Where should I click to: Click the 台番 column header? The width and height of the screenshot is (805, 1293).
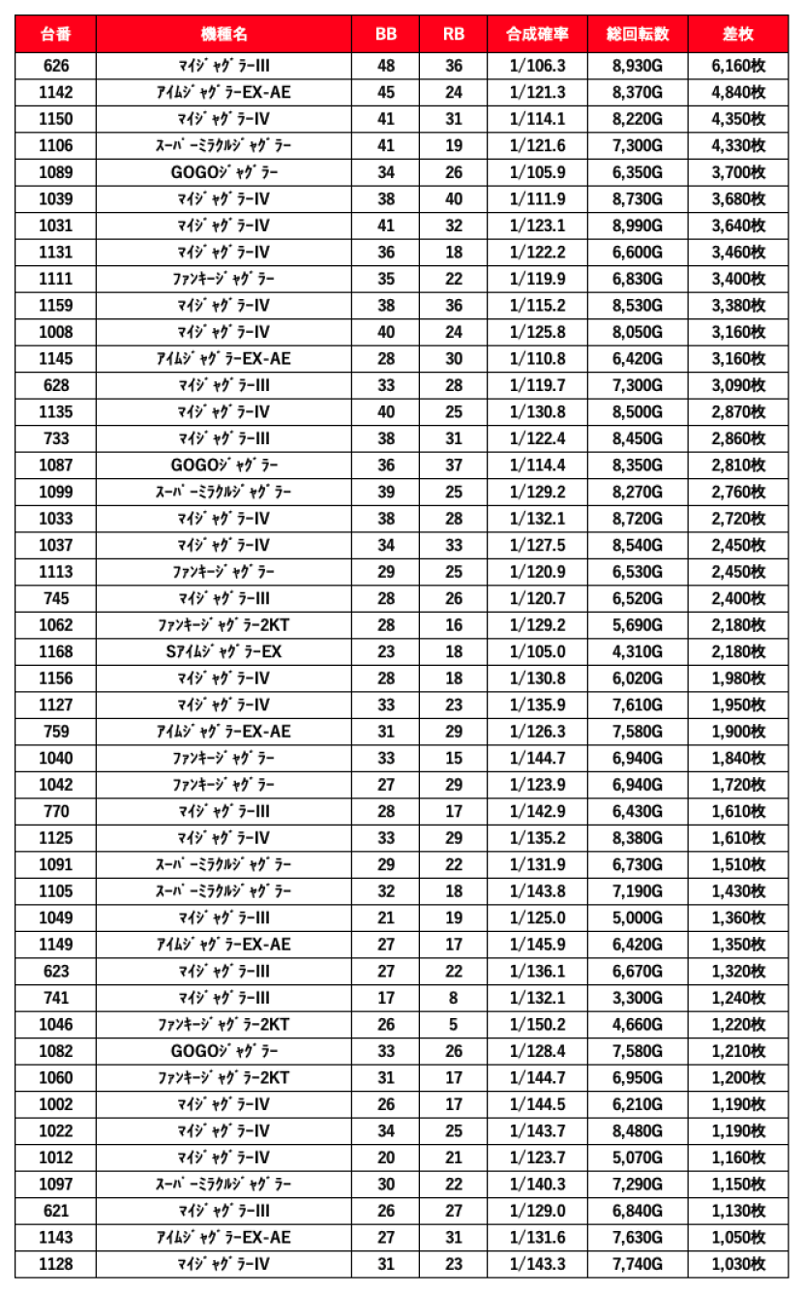click(55, 34)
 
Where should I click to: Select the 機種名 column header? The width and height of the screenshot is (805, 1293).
click(224, 34)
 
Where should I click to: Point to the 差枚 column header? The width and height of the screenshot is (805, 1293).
click(738, 34)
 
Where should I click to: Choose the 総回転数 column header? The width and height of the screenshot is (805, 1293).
click(637, 34)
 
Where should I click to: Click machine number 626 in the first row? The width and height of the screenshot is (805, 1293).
click(55, 66)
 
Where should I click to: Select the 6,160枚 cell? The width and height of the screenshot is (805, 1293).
click(738, 66)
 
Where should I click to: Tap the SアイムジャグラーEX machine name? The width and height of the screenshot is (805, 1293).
click(224, 651)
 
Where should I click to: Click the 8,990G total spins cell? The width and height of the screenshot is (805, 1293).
click(637, 226)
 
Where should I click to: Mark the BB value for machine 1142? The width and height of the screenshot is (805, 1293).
click(386, 93)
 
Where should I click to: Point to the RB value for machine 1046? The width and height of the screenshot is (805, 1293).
click(453, 1024)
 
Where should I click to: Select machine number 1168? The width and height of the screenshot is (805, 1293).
click(55, 651)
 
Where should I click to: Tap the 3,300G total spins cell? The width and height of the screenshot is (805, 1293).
click(637, 998)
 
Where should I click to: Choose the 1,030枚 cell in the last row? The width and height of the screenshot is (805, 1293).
click(738, 1264)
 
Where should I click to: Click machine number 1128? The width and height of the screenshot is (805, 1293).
click(55, 1264)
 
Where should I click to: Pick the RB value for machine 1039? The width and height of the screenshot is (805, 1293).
click(453, 199)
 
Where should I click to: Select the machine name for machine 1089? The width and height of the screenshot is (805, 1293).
click(224, 172)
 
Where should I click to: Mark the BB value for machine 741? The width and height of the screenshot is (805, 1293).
click(386, 998)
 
